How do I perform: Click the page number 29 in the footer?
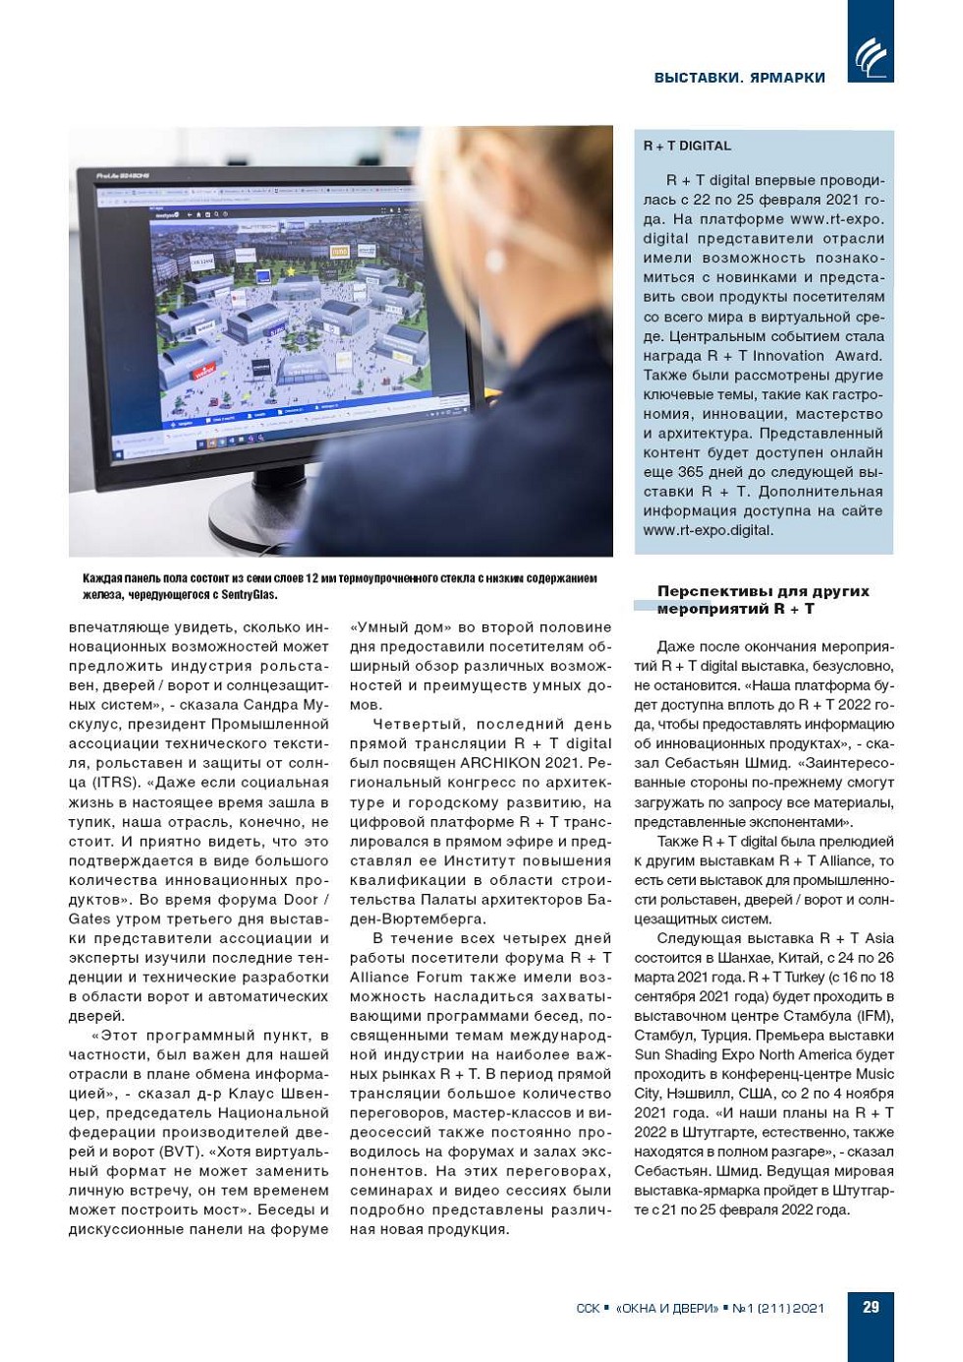[871, 1307]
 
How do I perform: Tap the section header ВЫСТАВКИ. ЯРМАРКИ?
[739, 78]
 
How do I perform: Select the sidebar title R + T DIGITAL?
[687, 146]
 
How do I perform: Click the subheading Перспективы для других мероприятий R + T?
[763, 600]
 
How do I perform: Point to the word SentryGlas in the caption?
[249, 594]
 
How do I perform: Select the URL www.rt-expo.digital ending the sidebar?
[708, 530]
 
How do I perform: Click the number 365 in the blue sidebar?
[690, 472]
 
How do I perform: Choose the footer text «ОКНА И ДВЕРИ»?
[667, 1308]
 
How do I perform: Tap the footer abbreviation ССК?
[587, 1308]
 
